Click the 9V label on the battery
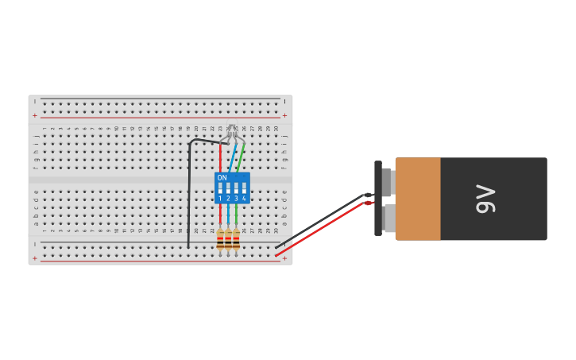[x=485, y=199]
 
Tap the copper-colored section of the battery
[x=418, y=199]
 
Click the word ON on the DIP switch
[x=222, y=178]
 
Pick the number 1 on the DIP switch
[x=220, y=198]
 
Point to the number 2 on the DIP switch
[x=228, y=198]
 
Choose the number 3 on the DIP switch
[x=236, y=198]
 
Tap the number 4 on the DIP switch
[x=244, y=198]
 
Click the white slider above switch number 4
[x=244, y=188]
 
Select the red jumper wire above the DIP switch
[x=220, y=157]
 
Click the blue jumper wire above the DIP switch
[x=230, y=157]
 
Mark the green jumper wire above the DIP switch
[x=240, y=157]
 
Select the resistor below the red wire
[x=220, y=239]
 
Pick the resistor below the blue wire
[x=228, y=239]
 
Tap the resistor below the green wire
[x=236, y=239]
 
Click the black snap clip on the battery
[x=378, y=199]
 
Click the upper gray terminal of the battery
[x=387, y=181]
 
